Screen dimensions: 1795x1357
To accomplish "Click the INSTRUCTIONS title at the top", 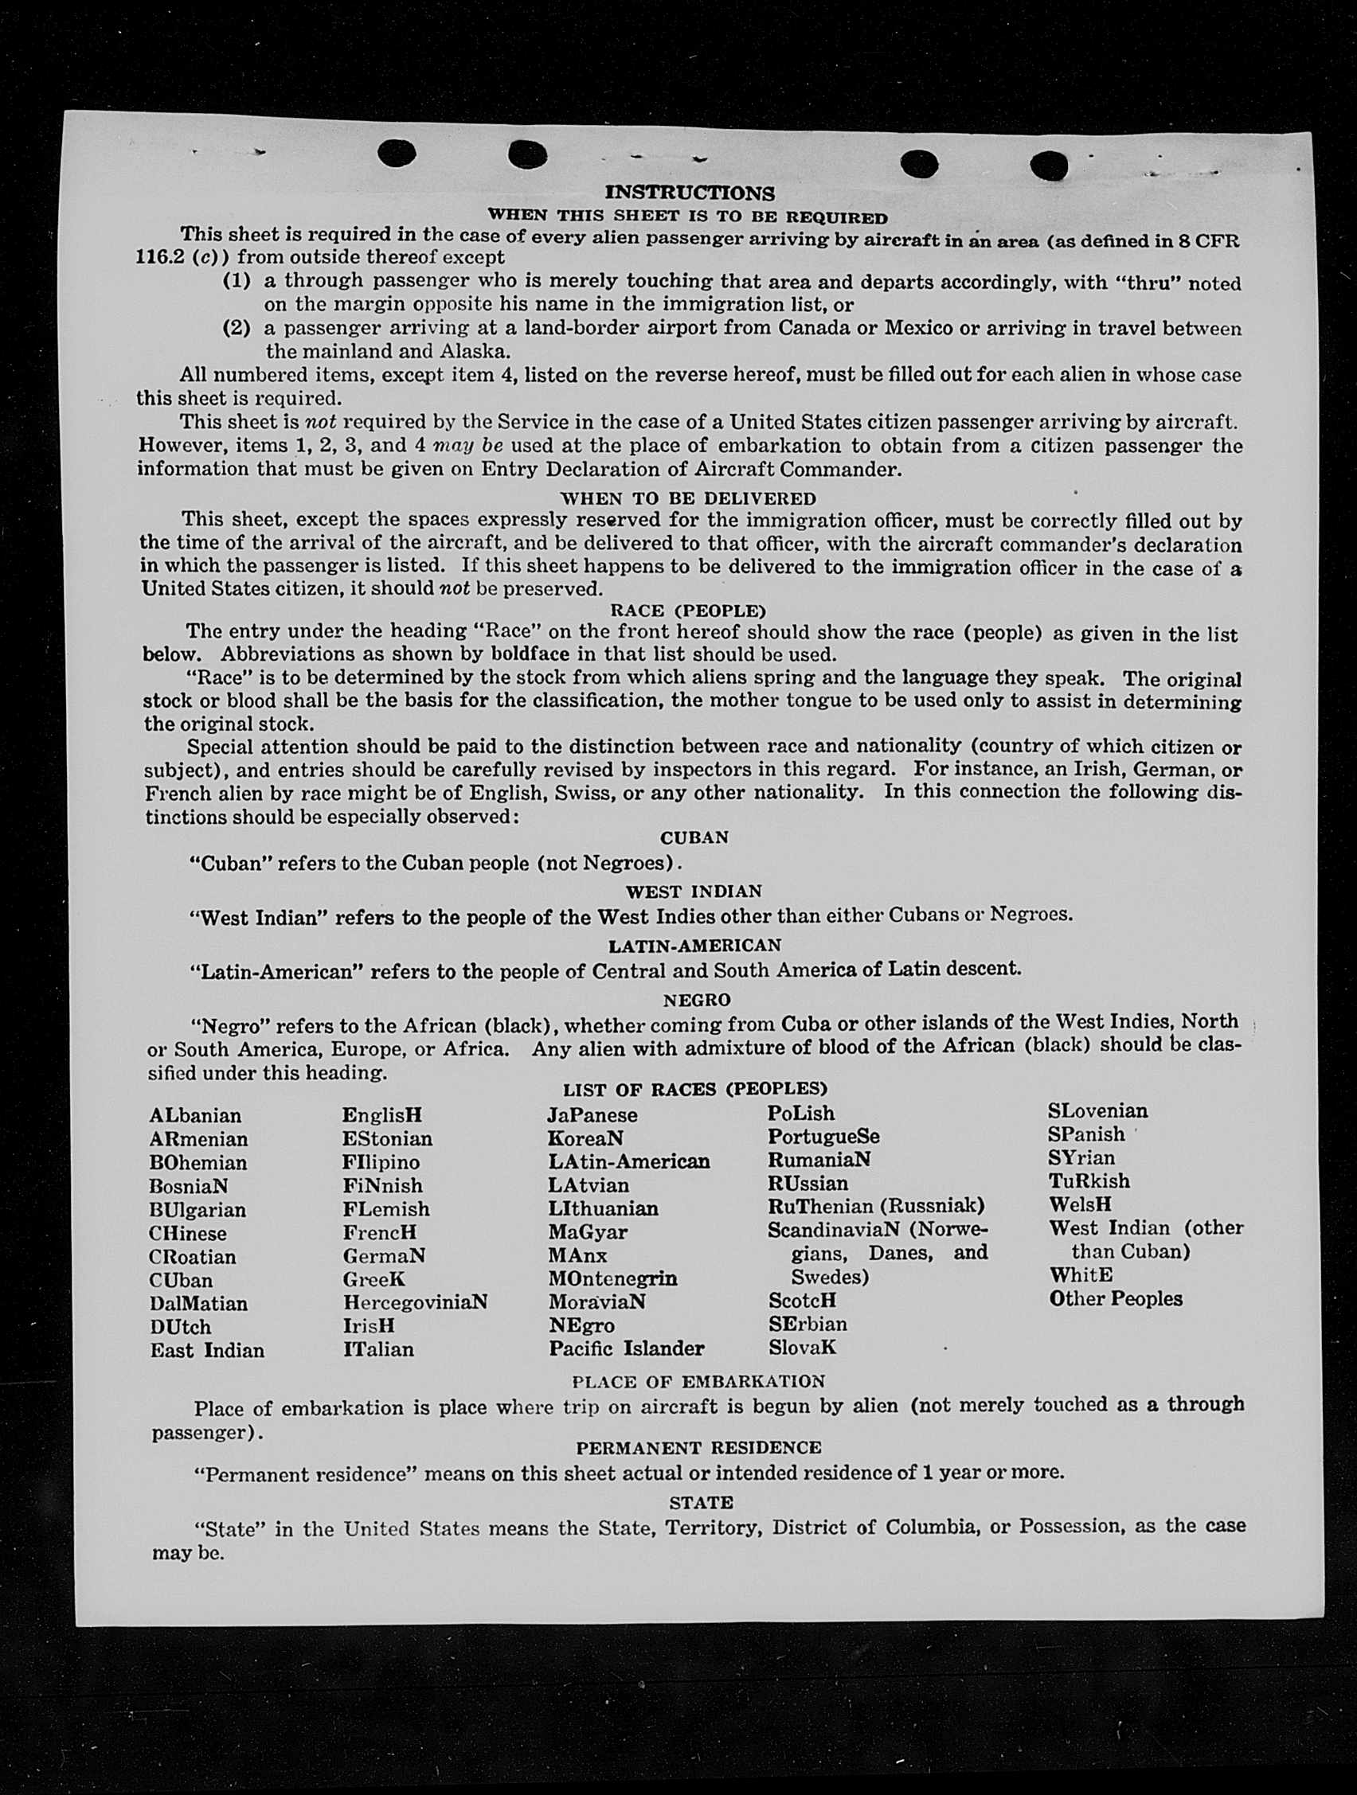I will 690,193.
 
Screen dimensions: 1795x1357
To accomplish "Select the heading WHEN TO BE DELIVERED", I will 687,498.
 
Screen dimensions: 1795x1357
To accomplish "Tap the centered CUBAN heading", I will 694,837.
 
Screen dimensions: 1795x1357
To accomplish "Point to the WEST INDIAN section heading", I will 694,891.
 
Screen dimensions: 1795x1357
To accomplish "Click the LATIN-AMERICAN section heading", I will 694,946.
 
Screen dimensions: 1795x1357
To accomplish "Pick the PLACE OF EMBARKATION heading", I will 698,1381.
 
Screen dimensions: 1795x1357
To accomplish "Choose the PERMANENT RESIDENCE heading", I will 698,1448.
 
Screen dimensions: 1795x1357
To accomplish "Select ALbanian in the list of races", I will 196,1116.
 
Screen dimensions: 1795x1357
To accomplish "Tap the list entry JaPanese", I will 592,1115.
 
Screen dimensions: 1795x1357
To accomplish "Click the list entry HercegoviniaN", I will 415,1302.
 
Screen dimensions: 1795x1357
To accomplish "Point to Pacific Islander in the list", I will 626,1348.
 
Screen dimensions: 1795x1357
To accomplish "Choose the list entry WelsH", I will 1079,1204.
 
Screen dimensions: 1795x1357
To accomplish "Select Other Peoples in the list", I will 1115,1298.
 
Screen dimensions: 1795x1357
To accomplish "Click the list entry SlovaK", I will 802,1348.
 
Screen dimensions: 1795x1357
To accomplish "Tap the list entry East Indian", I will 207,1350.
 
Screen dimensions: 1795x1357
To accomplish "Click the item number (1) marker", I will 237,281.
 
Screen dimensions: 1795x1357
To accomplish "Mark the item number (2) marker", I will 237,328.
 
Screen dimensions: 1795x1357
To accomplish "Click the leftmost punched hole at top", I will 397,153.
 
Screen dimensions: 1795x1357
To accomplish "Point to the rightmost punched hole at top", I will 1049,165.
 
